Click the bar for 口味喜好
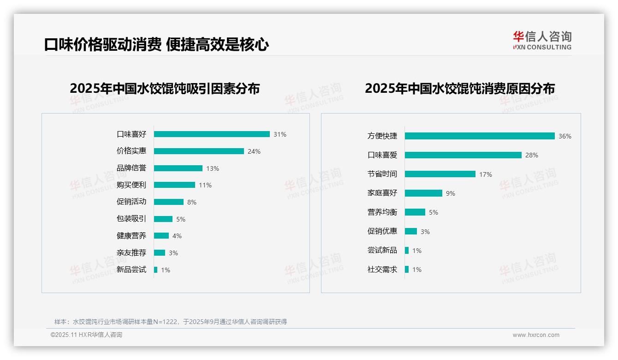pos(212,134)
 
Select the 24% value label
pos(254,151)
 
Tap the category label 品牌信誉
pos(131,168)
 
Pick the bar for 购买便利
pos(174,185)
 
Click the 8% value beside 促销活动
pos(191,202)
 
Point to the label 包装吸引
pos(131,219)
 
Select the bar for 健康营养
pos(161,236)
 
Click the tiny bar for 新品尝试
pos(156,270)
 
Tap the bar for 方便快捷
pos(480,136)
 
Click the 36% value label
pos(565,136)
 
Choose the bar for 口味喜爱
pos(463,155)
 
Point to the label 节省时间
pos(382,174)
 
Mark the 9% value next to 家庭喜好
pos(450,193)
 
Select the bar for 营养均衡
pos(415,212)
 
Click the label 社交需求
pos(382,270)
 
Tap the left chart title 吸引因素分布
pos(165,88)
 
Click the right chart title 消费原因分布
pos(459,88)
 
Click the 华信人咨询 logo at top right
pos(542,40)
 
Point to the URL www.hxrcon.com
pos(535,335)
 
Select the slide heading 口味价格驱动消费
pos(102,45)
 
